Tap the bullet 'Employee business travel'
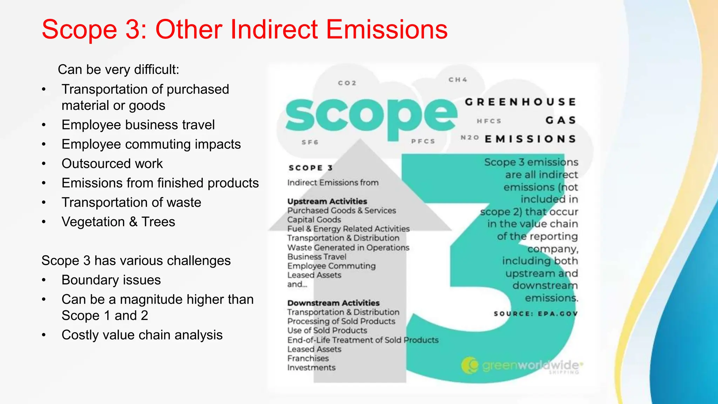(138, 125)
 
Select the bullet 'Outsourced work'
(112, 164)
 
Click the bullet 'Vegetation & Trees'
(118, 222)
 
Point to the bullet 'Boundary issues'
(111, 280)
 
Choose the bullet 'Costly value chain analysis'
(142, 335)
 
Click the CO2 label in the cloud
(347, 83)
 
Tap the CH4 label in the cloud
(458, 80)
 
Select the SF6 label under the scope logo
(310, 142)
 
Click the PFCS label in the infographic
(423, 141)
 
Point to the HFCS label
(489, 121)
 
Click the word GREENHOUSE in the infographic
(520, 102)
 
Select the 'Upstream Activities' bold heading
(327, 201)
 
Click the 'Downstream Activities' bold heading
(333, 303)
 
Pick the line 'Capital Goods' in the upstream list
(314, 220)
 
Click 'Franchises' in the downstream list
(308, 358)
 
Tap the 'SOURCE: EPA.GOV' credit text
(535, 314)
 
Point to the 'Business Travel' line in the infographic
(317, 257)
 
